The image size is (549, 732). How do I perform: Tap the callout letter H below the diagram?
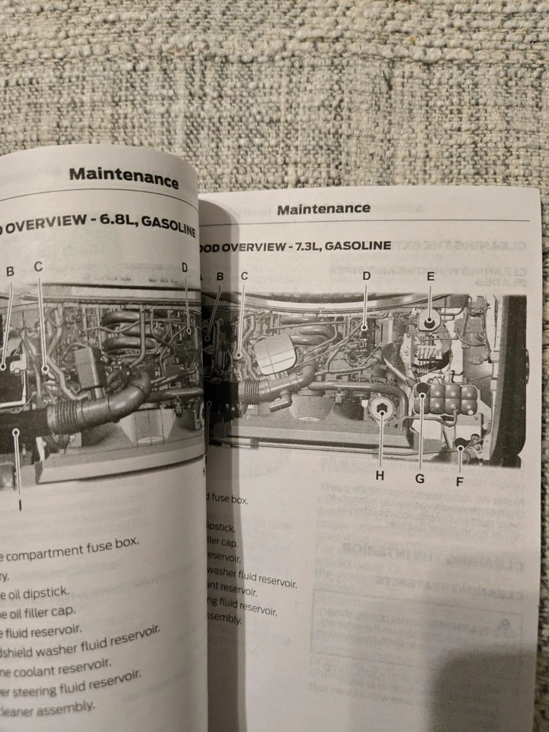379,477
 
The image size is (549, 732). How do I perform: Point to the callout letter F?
459,481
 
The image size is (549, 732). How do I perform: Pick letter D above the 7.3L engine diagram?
366,275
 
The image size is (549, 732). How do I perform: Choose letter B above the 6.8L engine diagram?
10,271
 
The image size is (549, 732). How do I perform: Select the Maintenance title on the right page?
323,209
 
